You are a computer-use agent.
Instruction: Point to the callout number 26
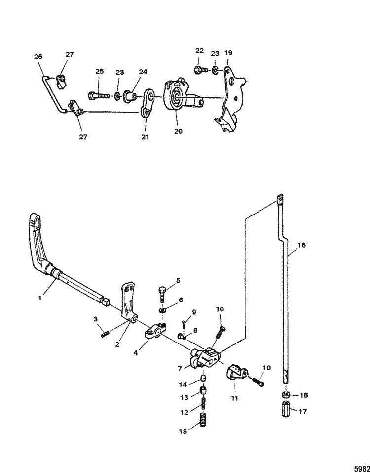(x=38, y=57)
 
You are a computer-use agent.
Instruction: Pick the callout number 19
(x=228, y=52)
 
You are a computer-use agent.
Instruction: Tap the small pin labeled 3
(x=104, y=334)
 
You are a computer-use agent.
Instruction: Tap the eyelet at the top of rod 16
(x=280, y=200)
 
